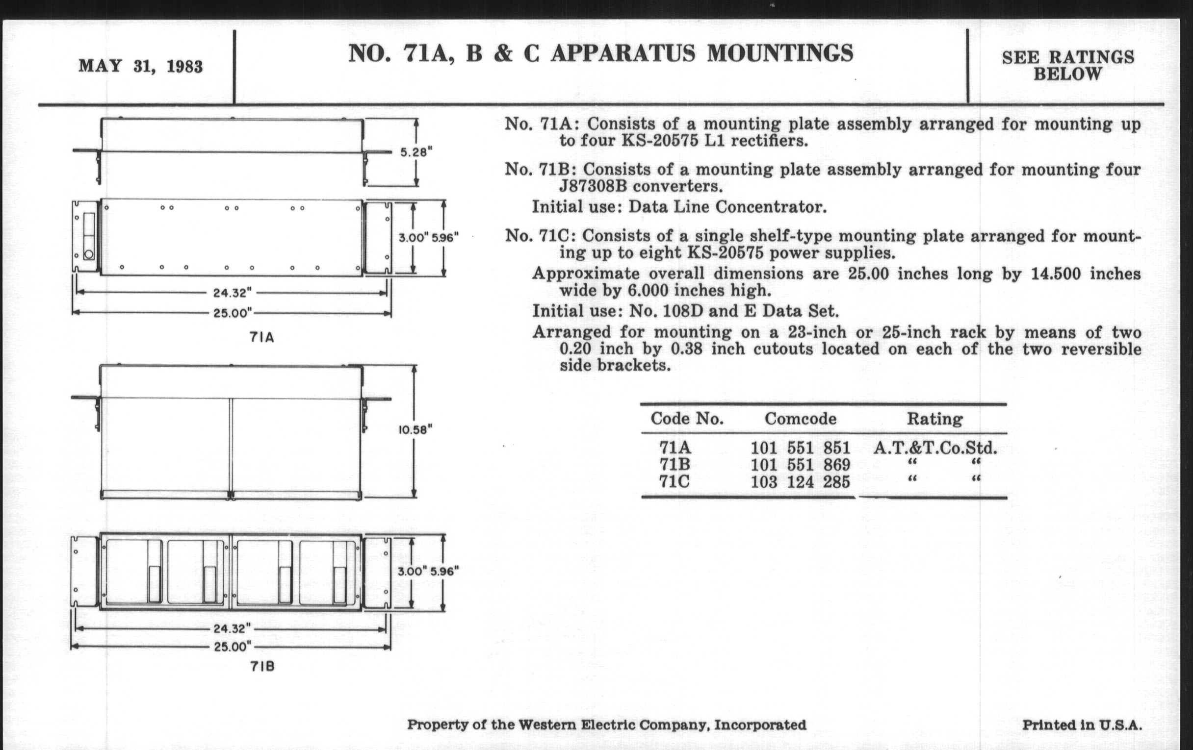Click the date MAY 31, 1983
pos(141,66)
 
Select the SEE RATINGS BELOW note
pos(1067,65)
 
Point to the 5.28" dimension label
pos(416,152)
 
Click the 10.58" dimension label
pos(415,430)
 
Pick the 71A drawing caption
pos(261,338)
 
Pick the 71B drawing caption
pos(262,666)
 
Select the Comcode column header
pos(800,419)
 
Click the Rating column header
pos(934,419)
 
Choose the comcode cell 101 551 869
pos(800,465)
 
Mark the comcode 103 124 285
pos(800,482)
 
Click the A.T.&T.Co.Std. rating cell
pos(935,448)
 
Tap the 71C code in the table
pos(674,481)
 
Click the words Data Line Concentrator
pos(727,207)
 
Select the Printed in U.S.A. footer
pos(1082,725)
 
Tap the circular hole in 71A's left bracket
pos(89,254)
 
